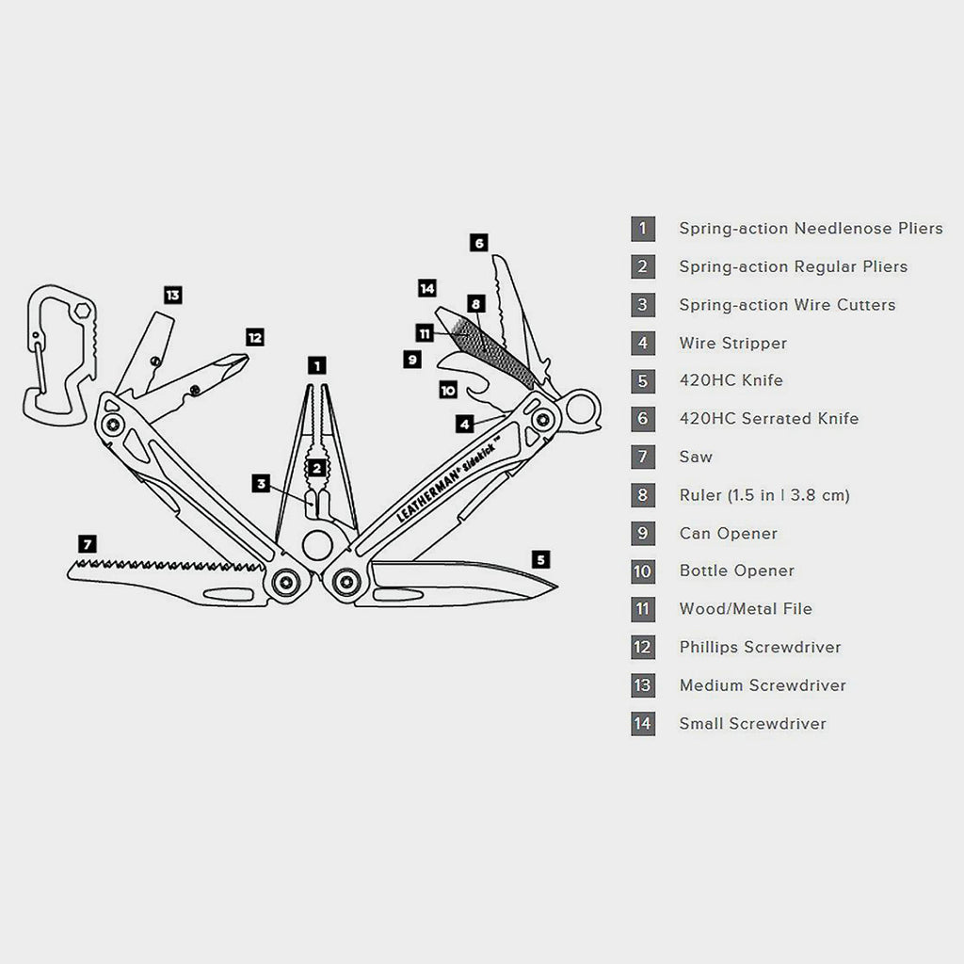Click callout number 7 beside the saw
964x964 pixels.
coord(87,543)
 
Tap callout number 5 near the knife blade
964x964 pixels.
coord(539,559)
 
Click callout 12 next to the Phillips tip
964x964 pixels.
coord(254,336)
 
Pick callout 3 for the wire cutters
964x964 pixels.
coord(263,484)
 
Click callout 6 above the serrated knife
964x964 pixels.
coord(479,243)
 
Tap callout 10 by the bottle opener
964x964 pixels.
coord(448,389)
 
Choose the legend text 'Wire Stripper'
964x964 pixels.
coord(732,343)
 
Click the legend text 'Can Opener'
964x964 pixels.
coord(728,533)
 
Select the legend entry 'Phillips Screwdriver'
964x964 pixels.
coord(760,647)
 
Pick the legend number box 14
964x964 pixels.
coord(643,724)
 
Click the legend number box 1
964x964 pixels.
coord(643,229)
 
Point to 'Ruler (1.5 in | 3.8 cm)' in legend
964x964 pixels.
coord(763,495)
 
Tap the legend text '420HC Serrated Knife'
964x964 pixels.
coord(768,419)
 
